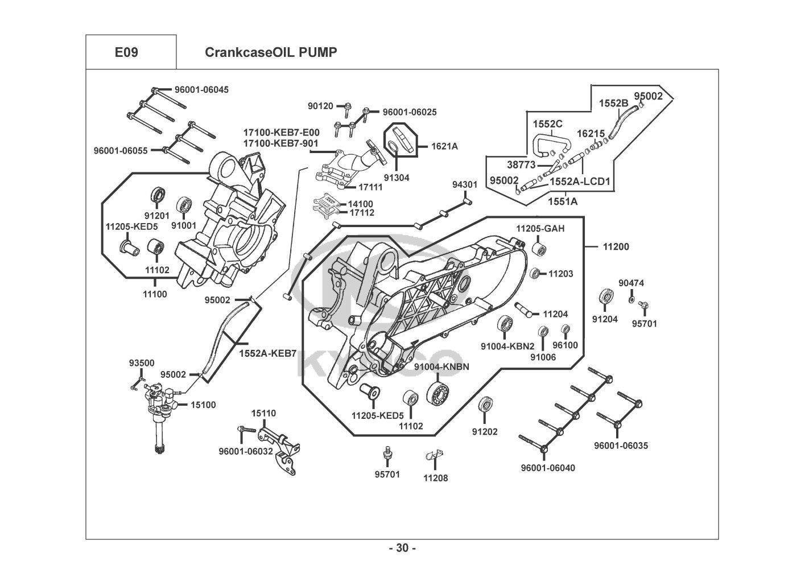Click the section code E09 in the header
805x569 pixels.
[126, 52]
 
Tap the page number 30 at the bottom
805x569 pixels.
[402, 548]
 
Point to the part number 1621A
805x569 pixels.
[444, 146]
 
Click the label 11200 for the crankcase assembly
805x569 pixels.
[616, 247]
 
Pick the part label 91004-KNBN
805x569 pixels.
[441, 367]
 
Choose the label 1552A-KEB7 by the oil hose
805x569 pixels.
[267, 353]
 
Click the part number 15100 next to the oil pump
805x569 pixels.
[203, 405]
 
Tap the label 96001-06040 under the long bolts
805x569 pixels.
[548, 468]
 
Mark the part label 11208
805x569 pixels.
[435, 478]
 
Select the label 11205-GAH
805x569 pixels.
[540, 229]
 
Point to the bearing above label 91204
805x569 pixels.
[606, 297]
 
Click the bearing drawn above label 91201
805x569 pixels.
[158, 195]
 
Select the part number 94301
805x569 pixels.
[465, 185]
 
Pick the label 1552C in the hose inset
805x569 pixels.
[547, 124]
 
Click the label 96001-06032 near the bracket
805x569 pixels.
[246, 452]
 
